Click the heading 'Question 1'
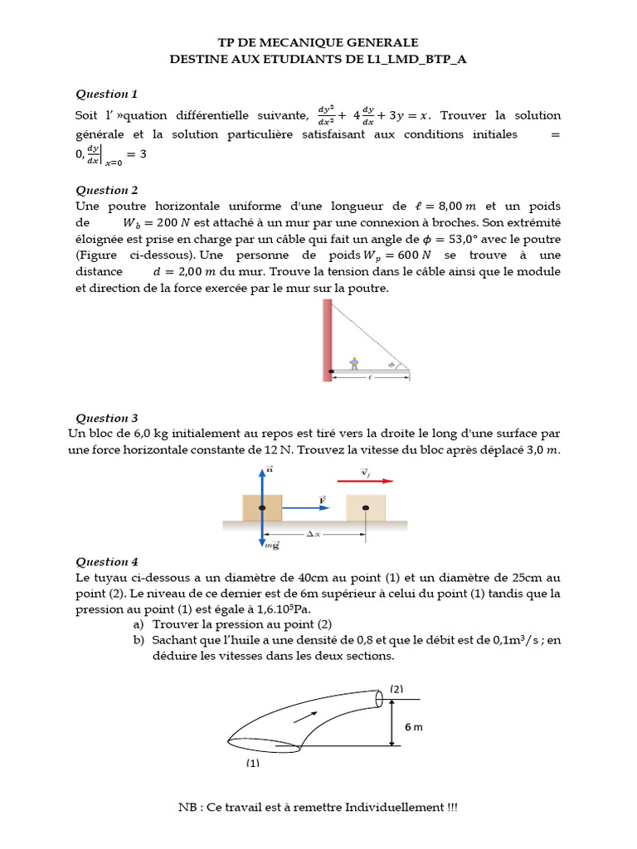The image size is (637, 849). click(x=107, y=94)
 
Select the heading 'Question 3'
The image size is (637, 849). click(x=107, y=418)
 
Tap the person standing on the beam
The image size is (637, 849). click(x=354, y=363)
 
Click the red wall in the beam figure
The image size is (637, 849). click(x=328, y=340)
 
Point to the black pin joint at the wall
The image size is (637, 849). click(x=331, y=371)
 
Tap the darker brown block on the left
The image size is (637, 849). click(x=262, y=507)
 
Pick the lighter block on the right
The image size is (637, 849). click(x=365, y=507)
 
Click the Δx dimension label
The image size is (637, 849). click(x=314, y=535)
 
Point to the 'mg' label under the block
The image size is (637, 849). click(x=271, y=545)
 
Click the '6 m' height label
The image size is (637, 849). click(x=413, y=726)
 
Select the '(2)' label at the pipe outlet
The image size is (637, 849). click(x=396, y=688)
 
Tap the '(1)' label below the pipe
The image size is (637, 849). click(x=252, y=763)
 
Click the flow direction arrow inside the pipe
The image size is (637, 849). click(x=305, y=716)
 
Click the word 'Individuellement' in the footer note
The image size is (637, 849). click(x=396, y=808)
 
